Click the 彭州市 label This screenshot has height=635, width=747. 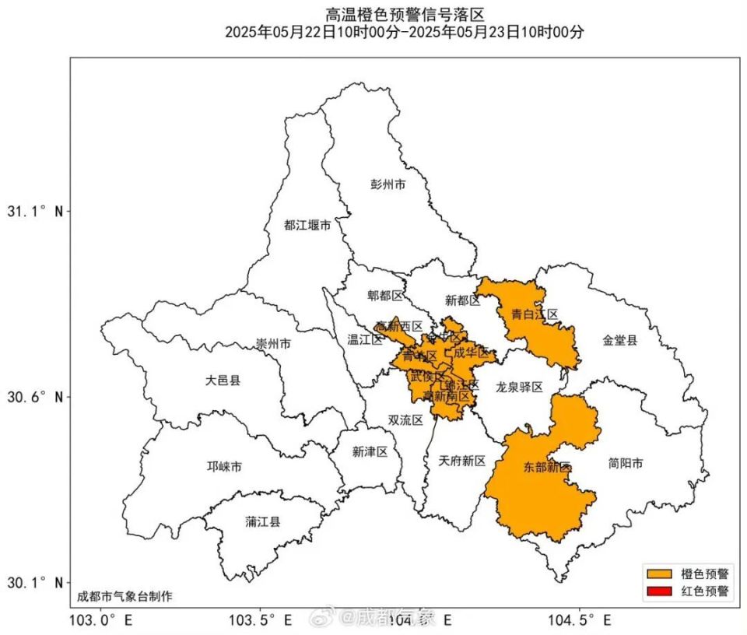coord(388,185)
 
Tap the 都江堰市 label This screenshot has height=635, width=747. coord(307,226)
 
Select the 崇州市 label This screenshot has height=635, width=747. coord(273,344)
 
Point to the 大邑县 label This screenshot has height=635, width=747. coord(223,381)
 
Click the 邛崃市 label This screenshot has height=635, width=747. coord(223,467)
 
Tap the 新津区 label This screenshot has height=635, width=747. coord(370,452)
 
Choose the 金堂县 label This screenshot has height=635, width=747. coord(619,340)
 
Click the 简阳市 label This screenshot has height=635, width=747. coord(625,464)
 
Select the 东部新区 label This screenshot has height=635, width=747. coord(547,468)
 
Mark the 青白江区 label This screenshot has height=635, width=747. coord(535,315)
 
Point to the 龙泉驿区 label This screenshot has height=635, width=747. coord(519,386)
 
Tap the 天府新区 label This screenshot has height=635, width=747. coord(461,461)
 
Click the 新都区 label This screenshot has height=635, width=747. coord(462,300)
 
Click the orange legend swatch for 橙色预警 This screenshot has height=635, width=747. coord(658,574)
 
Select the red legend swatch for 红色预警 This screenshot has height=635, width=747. coord(658,591)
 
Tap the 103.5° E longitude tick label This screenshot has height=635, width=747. coord(260,620)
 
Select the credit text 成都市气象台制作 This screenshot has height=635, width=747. coord(124,597)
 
